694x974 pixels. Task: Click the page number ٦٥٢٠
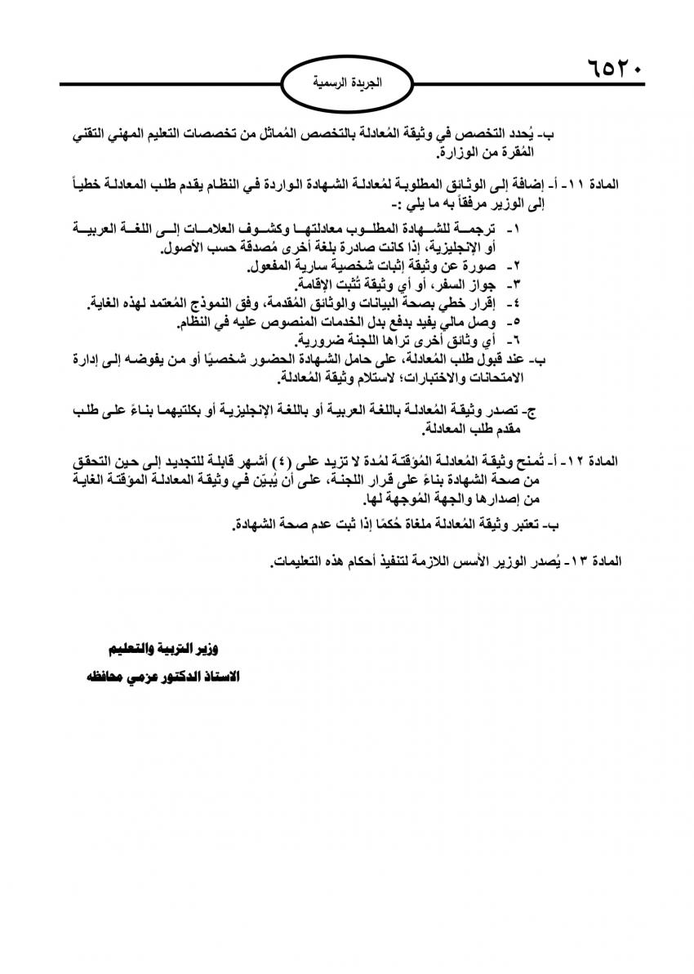click(614, 66)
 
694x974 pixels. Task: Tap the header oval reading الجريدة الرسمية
click(347, 83)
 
